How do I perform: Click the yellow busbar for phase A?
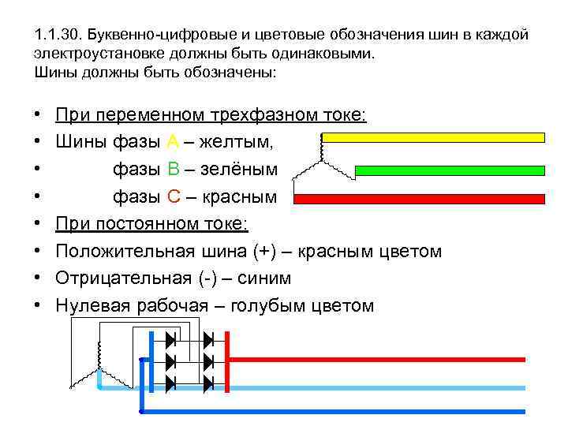(434, 137)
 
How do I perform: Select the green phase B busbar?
(450, 170)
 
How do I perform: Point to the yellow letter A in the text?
(174, 143)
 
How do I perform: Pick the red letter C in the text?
(174, 196)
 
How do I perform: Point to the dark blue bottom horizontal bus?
(331, 411)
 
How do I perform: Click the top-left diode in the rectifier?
(170, 340)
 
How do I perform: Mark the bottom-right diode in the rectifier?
(208, 384)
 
